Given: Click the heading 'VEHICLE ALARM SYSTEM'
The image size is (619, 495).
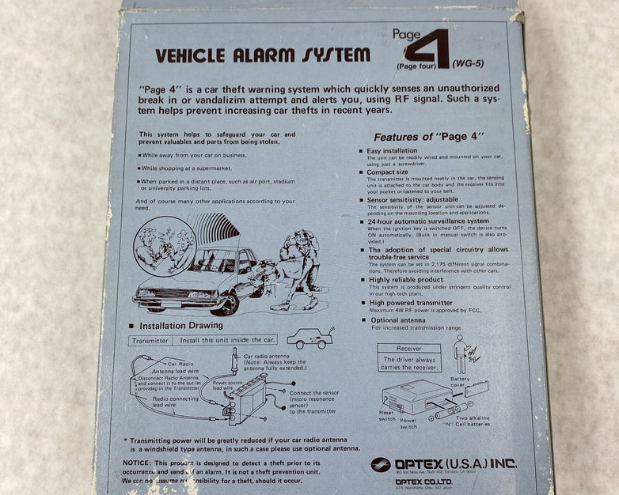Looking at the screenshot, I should coord(262,55).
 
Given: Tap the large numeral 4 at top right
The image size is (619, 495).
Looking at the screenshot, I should coord(427,49).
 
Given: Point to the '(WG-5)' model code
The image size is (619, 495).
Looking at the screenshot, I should coord(469,63).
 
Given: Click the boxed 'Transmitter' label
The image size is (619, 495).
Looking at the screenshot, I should coord(150,340).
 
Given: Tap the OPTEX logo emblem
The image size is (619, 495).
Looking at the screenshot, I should coord(381,464).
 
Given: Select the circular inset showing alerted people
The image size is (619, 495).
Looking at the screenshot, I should coord(164,246).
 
